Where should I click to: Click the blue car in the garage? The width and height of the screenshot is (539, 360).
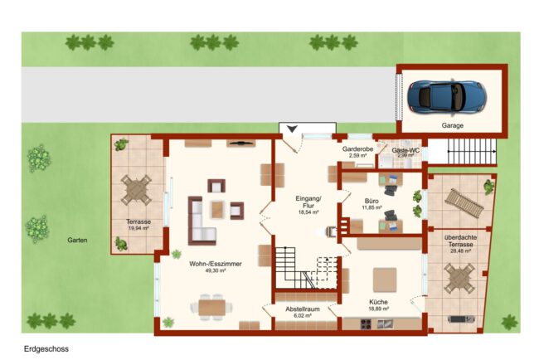tap(447, 96)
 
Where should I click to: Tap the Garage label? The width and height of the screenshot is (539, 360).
tap(453, 126)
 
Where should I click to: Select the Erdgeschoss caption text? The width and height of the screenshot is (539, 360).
tap(46, 349)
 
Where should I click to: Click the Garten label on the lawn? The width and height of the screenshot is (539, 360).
tap(77, 241)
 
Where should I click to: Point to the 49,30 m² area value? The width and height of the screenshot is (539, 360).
tap(216, 271)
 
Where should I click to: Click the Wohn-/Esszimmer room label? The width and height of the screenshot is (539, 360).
tap(216, 264)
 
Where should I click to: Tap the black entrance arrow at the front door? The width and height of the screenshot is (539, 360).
tap(292, 129)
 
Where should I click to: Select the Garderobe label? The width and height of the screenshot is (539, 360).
tap(358, 149)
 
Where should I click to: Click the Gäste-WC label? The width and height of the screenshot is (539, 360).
tap(405, 150)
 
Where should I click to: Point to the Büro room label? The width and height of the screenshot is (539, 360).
tap(371, 201)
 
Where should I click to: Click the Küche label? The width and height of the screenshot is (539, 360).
tap(378, 302)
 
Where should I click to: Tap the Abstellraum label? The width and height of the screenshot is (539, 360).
tap(303, 309)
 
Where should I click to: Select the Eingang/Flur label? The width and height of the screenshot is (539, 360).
tap(308, 202)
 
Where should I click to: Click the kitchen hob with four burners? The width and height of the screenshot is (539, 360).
tap(366, 324)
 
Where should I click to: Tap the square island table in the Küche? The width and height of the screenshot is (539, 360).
tap(385, 280)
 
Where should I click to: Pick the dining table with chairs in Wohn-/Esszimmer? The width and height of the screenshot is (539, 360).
tap(211, 308)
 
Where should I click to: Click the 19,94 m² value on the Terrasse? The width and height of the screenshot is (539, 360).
tap(138, 228)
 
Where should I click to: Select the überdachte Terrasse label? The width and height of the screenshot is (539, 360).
tap(460, 241)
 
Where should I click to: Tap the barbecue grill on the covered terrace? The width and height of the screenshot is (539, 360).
tap(462, 319)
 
